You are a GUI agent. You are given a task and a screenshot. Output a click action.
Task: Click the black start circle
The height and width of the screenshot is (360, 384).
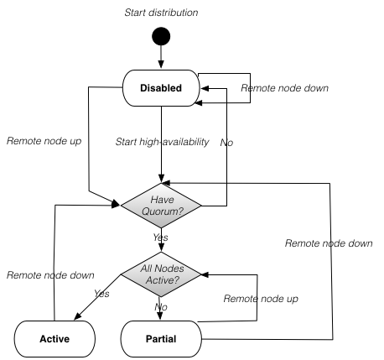point(160,38)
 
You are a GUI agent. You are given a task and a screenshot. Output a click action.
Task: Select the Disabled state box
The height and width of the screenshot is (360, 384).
point(160,86)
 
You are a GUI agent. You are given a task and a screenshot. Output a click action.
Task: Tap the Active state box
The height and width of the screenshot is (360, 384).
point(54,339)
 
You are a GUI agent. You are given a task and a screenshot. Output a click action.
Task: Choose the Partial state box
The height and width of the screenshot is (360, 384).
point(161,339)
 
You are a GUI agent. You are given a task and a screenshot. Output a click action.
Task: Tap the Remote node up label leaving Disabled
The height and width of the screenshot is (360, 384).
point(44,142)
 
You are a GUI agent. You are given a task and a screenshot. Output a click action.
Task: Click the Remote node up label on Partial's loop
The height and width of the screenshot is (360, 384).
point(261,298)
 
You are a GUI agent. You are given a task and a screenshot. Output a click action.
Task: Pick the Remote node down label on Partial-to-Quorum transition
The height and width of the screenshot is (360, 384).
point(328,243)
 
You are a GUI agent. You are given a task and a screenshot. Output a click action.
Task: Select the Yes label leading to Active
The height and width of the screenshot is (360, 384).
point(101,294)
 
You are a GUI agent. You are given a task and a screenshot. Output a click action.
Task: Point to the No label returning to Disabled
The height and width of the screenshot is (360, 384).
point(226,143)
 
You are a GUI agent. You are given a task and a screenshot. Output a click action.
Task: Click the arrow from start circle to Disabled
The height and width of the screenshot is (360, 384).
point(160,59)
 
